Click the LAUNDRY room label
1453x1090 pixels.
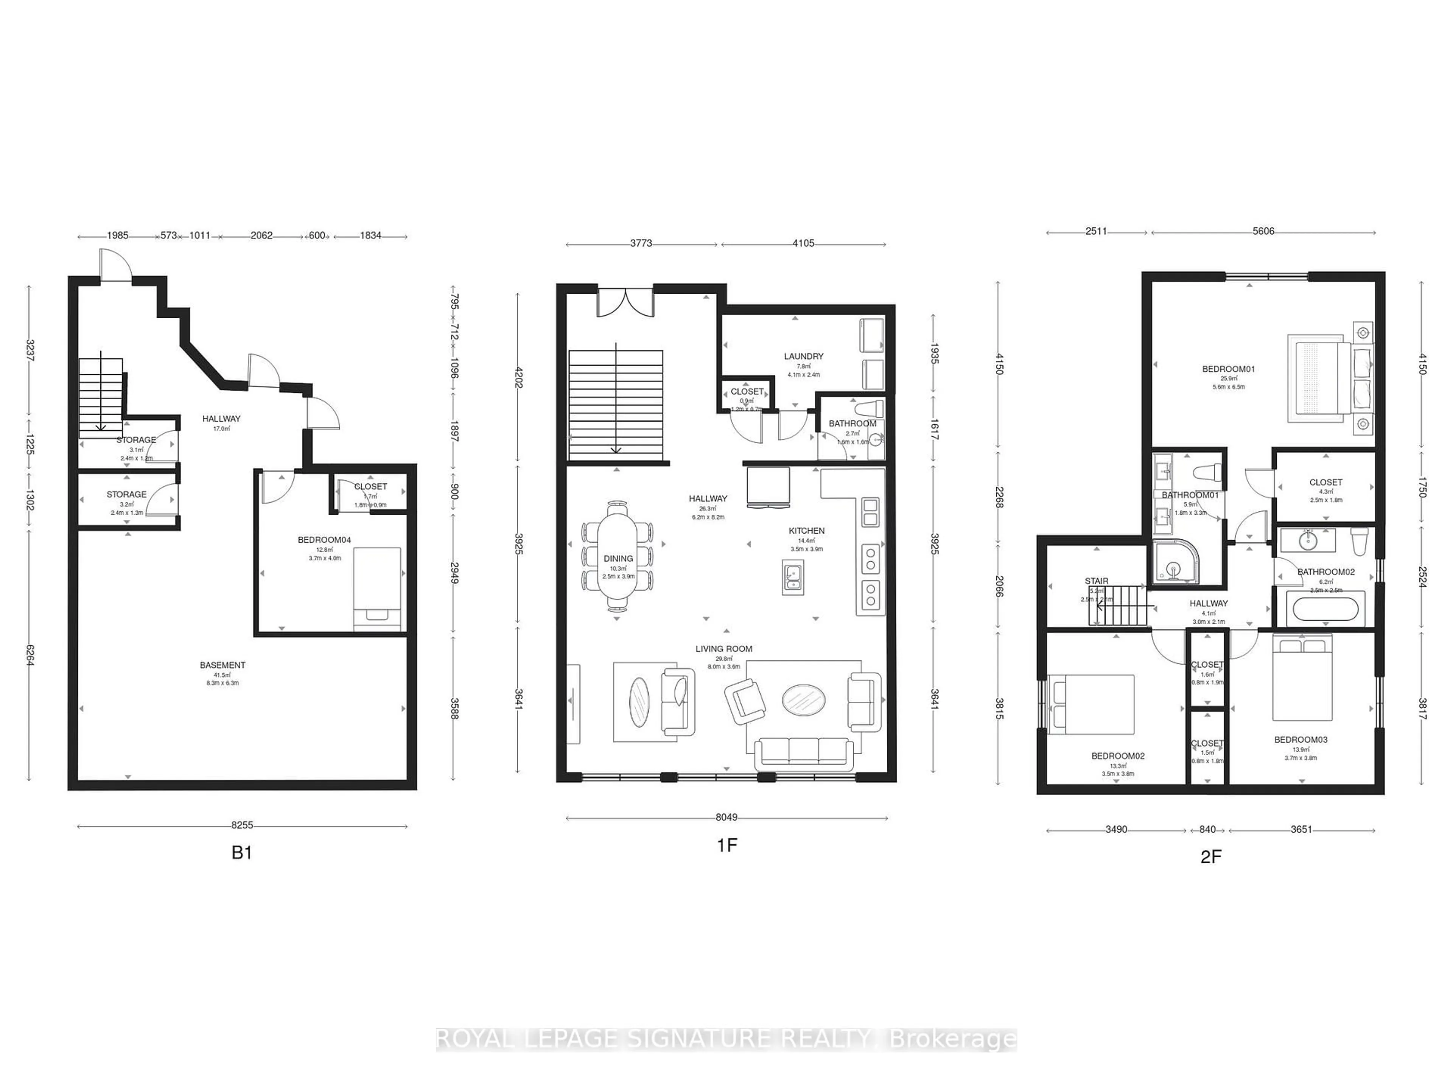coord(803,356)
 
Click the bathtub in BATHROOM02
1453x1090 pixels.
coord(1325,609)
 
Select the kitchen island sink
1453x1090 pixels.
coord(793,577)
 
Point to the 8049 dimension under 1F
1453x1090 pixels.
coord(726,817)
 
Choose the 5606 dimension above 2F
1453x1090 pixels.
coord(1263,231)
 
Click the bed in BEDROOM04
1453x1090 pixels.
coord(378,588)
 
